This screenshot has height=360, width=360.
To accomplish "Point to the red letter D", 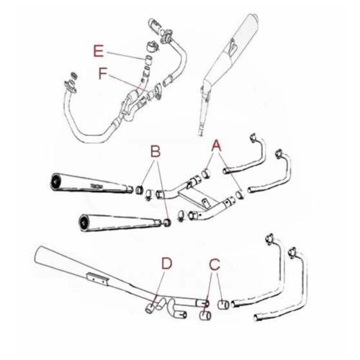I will click(x=166, y=263).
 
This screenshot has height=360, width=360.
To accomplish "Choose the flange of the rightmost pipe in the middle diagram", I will click(x=278, y=152).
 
